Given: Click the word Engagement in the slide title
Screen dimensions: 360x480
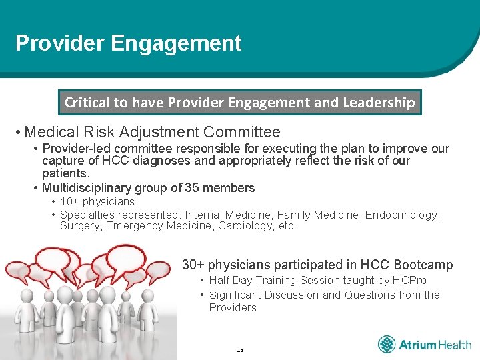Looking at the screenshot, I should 176,44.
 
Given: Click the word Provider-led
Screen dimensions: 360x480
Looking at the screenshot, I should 77,148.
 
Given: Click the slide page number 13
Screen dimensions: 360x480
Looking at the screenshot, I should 240,350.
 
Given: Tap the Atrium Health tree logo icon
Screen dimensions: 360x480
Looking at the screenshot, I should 387,345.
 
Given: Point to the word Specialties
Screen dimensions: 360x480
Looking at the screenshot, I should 87,215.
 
